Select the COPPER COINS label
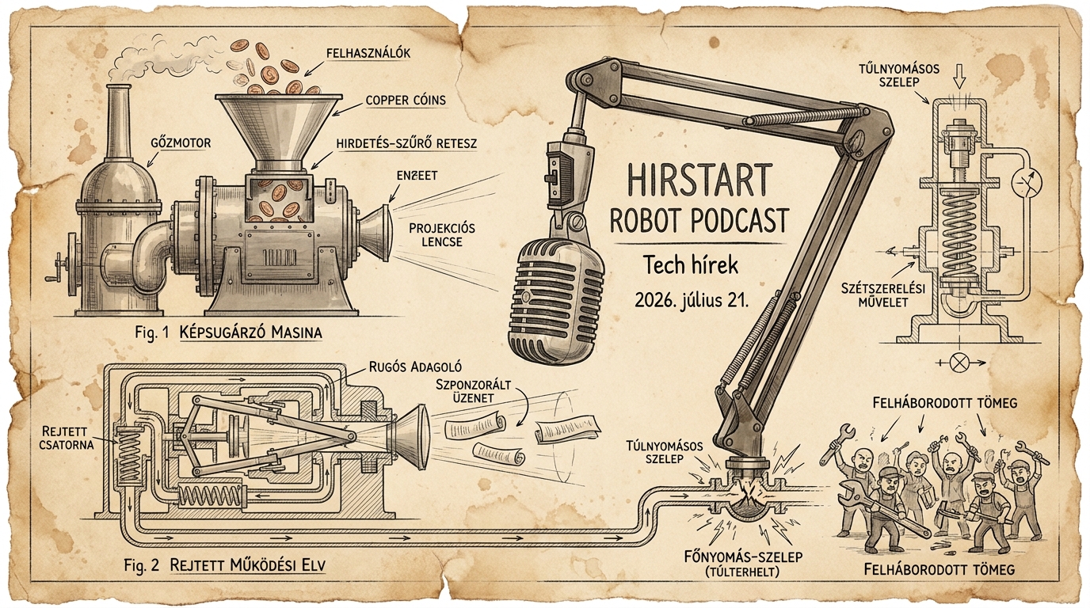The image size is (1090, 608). [x=406, y=101]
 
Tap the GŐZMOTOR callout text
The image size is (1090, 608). [x=181, y=143]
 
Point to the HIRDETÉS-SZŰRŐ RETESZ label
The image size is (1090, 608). [x=406, y=144]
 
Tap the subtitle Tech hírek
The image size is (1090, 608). [x=691, y=265]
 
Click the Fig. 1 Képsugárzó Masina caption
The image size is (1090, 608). [x=229, y=332]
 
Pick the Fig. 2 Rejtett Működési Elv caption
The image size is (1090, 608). [x=225, y=565]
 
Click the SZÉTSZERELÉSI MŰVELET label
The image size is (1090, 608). [x=883, y=295]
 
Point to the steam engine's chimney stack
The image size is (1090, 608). [x=117, y=116]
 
